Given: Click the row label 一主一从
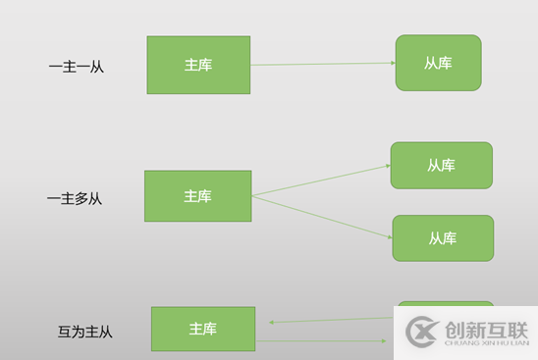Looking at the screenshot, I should tap(76, 67).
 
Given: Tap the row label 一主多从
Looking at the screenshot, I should tap(75, 198).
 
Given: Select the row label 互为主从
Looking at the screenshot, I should tap(85, 332).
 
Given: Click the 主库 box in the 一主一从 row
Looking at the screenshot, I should tap(198, 65).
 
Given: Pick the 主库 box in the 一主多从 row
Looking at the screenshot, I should tap(197, 196).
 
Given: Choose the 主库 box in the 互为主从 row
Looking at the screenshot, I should tap(202, 329).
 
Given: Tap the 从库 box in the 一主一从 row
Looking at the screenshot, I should tap(438, 63).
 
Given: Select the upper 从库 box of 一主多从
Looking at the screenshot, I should tap(441, 165).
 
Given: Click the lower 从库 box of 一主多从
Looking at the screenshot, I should tap(442, 237).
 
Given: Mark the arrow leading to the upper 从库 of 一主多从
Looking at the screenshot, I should tap(320, 180).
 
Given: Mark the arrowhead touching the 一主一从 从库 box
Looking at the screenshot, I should tap(392, 63).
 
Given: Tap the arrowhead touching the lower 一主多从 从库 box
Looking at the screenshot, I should tap(389, 236).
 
